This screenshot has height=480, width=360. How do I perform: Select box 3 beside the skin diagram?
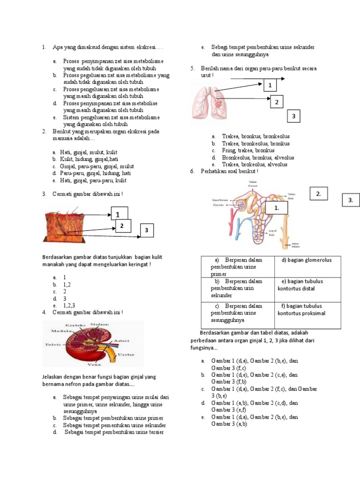147,230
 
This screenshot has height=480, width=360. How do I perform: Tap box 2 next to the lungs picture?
276,102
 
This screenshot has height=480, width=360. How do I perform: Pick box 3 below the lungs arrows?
293,116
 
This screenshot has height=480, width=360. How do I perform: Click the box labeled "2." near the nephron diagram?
318,194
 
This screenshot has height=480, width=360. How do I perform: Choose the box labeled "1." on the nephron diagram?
277,207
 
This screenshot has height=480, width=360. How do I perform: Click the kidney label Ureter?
126,354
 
